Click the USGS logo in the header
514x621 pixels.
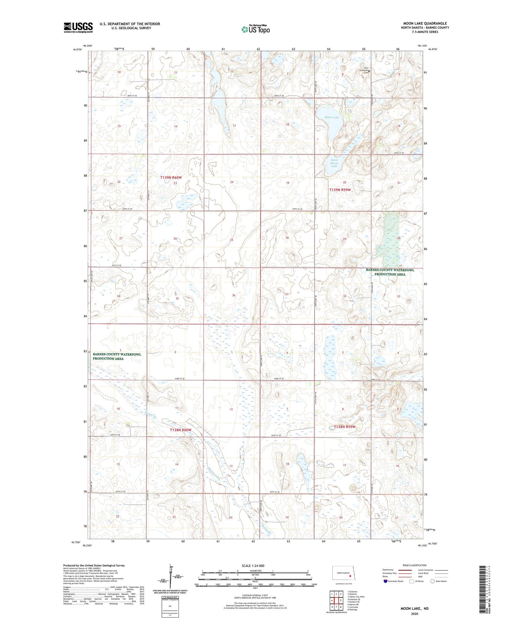click(x=78, y=27)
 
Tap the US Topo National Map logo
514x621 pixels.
click(x=255, y=29)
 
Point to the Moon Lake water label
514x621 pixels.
click(x=332, y=117)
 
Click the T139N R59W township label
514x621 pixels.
click(x=340, y=189)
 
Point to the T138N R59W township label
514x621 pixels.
click(x=345, y=427)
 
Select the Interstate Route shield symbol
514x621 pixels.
click(x=385, y=581)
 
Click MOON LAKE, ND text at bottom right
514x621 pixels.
click(x=415, y=609)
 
